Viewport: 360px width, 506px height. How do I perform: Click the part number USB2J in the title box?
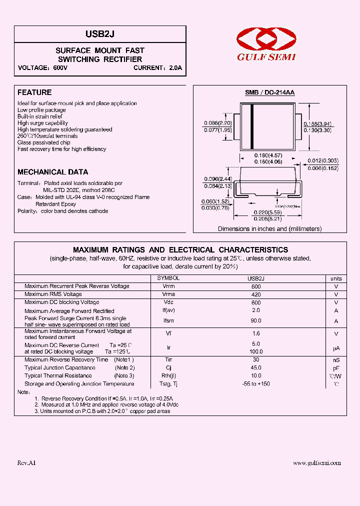click(100, 33)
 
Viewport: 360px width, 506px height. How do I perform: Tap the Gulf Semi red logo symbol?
click(266, 39)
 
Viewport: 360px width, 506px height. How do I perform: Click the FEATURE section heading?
click(34, 92)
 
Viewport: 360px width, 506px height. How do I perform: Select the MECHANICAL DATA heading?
click(52, 171)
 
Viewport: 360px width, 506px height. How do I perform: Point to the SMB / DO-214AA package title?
click(269, 93)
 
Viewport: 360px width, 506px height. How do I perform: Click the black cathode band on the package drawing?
click(252, 121)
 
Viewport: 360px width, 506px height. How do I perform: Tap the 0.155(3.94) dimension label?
click(317, 123)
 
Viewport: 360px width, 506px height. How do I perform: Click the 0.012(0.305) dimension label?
click(322, 160)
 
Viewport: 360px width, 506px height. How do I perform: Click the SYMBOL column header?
click(168, 278)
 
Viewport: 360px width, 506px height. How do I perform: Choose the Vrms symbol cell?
click(168, 294)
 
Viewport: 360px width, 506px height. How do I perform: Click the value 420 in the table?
click(256, 294)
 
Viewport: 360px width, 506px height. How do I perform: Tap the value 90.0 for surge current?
click(256, 321)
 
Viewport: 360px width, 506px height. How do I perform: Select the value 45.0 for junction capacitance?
click(256, 367)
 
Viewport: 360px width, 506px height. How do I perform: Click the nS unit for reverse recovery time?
click(336, 359)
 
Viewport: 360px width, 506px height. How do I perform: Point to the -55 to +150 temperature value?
click(256, 384)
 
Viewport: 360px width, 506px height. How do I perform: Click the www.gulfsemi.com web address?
click(317, 463)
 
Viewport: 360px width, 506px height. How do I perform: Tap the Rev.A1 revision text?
click(27, 463)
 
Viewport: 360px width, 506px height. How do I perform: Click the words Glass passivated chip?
click(43, 142)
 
